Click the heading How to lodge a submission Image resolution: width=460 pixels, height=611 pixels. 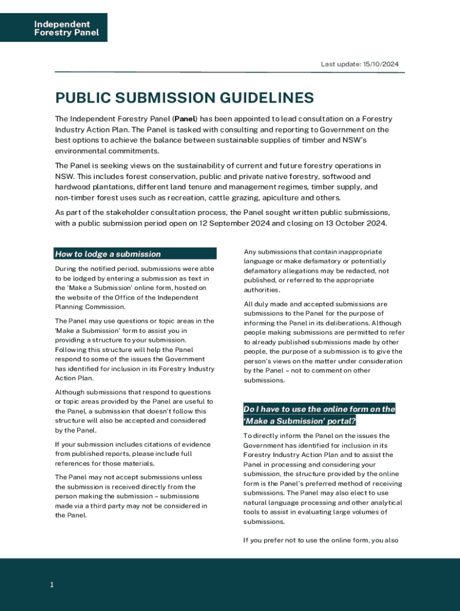pyautogui.click(x=108, y=254)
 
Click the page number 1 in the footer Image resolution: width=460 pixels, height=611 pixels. pyautogui.click(x=52, y=585)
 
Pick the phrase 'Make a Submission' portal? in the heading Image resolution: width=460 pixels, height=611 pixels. pyautogui.click(x=299, y=421)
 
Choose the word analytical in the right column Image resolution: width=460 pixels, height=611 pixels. pyautogui.click(x=386, y=503)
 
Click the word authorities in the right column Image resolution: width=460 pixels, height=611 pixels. pyautogui.click(x=262, y=290)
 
